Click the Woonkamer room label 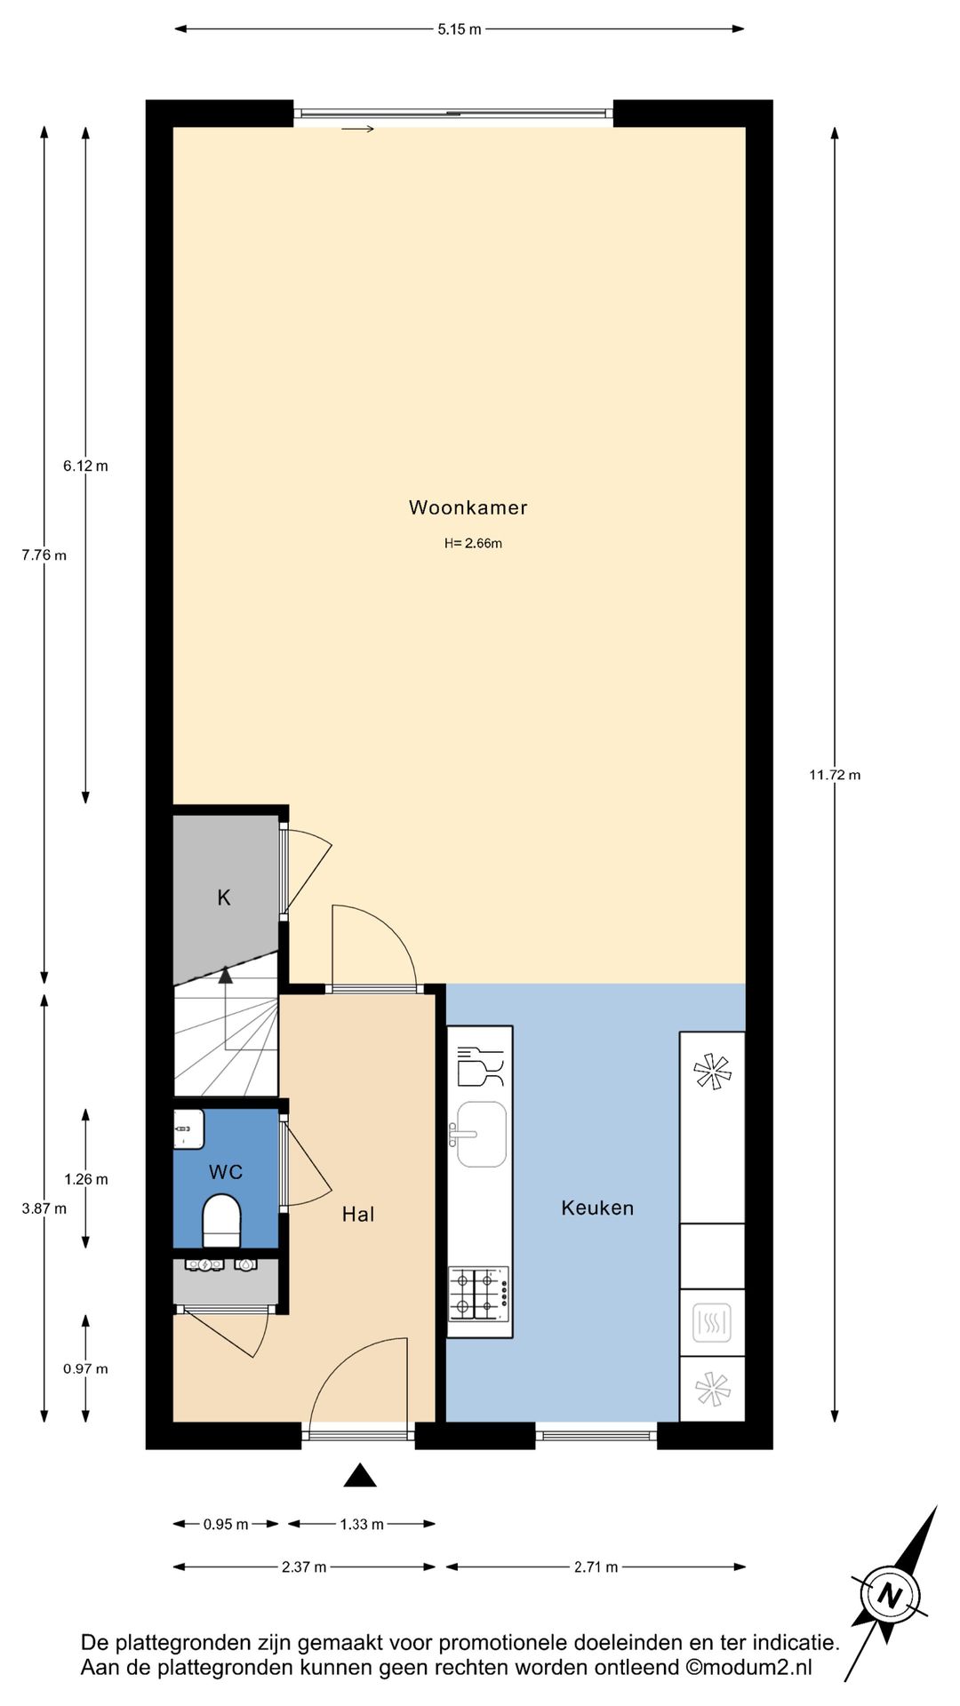pyautogui.click(x=468, y=507)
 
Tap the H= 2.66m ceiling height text pyautogui.click(x=473, y=544)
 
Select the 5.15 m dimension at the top pyautogui.click(x=459, y=29)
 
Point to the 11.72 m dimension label pyautogui.click(x=834, y=775)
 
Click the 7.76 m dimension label pyautogui.click(x=44, y=555)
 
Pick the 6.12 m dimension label pyautogui.click(x=85, y=466)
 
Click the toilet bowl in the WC pyautogui.click(x=221, y=1219)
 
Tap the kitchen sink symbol pyautogui.click(x=481, y=1134)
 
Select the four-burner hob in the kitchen pyautogui.click(x=478, y=1294)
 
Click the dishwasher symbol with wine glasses pyautogui.click(x=480, y=1066)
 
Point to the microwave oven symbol pyautogui.click(x=711, y=1323)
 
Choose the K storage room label pyautogui.click(x=224, y=897)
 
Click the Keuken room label pyautogui.click(x=597, y=1208)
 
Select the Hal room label pyautogui.click(x=358, y=1215)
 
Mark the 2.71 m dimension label pyautogui.click(x=596, y=1567)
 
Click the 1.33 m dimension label pyautogui.click(x=361, y=1525)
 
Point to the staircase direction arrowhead pyautogui.click(x=226, y=976)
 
